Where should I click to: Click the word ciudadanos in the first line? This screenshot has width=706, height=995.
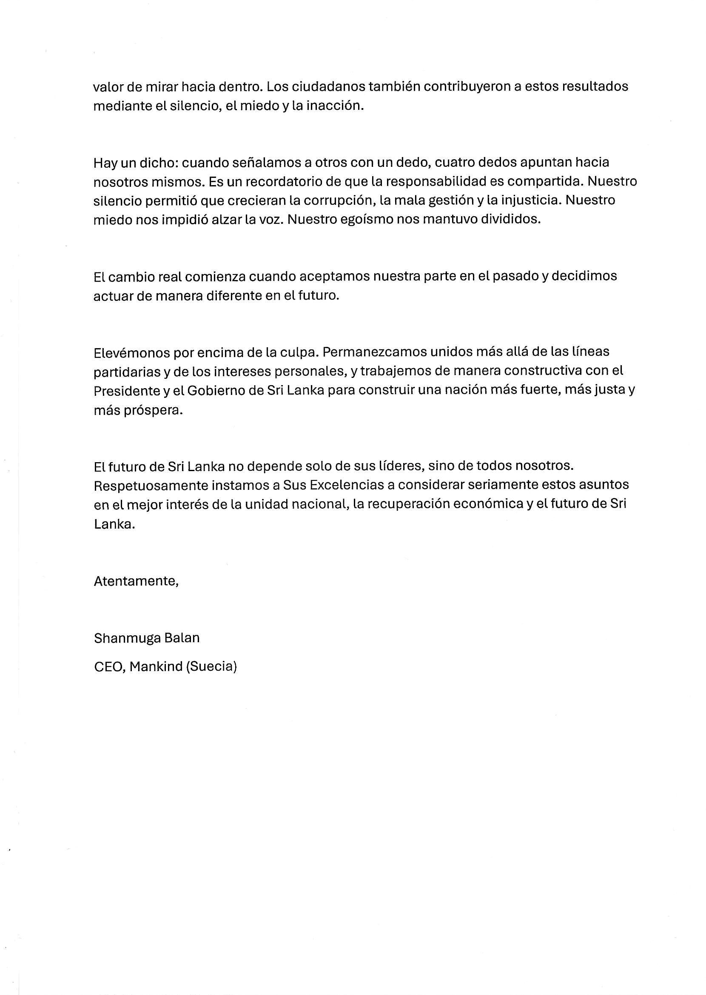point(329,86)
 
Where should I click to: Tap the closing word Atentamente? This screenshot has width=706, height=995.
point(136,581)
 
